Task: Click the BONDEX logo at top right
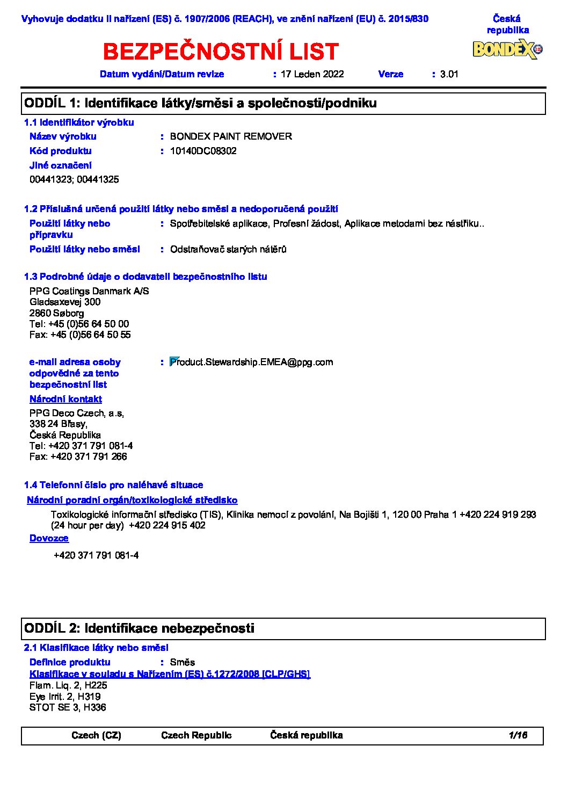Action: tap(507, 49)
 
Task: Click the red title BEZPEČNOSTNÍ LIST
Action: tap(221, 52)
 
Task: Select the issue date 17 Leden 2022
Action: tap(312, 74)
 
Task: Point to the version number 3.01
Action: tap(449, 74)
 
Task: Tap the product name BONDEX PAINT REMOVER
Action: tap(231, 136)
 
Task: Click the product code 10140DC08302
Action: tap(203, 151)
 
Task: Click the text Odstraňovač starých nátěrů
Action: tap(228, 249)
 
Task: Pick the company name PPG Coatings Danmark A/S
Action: tap(89, 291)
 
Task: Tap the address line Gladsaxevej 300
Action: tap(65, 302)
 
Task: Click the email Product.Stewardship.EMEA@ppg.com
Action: tap(251, 362)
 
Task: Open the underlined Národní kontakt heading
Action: tap(65, 399)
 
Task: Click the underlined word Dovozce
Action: tap(49, 538)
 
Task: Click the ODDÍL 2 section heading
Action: tap(140, 628)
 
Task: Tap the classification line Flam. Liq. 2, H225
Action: tap(68, 685)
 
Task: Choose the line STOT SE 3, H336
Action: tap(68, 707)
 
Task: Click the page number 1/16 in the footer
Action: tap(518, 735)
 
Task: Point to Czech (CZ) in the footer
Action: tap(96, 735)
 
